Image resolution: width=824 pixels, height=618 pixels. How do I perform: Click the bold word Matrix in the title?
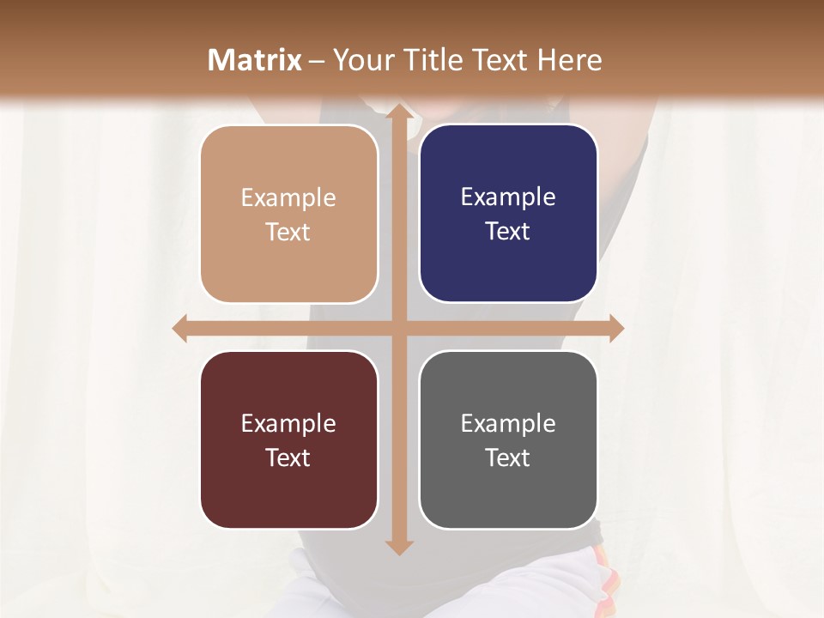click(x=255, y=60)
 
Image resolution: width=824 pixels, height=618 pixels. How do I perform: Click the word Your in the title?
click(x=360, y=60)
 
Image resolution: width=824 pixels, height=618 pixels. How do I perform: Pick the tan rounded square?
click(x=288, y=214)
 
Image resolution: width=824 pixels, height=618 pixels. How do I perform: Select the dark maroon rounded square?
click(x=288, y=439)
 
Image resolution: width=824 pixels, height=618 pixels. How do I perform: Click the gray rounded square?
click(x=508, y=439)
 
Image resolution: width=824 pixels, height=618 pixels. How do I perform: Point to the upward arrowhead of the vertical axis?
click(x=398, y=112)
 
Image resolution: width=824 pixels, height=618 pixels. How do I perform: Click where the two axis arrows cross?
click(x=398, y=328)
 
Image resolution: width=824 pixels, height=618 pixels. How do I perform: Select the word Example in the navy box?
click(x=508, y=197)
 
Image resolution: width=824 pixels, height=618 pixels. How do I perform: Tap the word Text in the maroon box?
click(x=288, y=457)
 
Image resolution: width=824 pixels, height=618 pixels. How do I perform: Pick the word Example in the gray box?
click(x=508, y=423)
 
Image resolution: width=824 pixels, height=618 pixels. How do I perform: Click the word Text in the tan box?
click(x=288, y=232)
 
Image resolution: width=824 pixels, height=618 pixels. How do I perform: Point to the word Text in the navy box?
click(x=508, y=231)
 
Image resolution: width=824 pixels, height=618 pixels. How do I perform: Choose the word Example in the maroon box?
click(x=288, y=423)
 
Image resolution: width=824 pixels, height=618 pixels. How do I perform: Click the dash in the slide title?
click(x=317, y=61)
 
